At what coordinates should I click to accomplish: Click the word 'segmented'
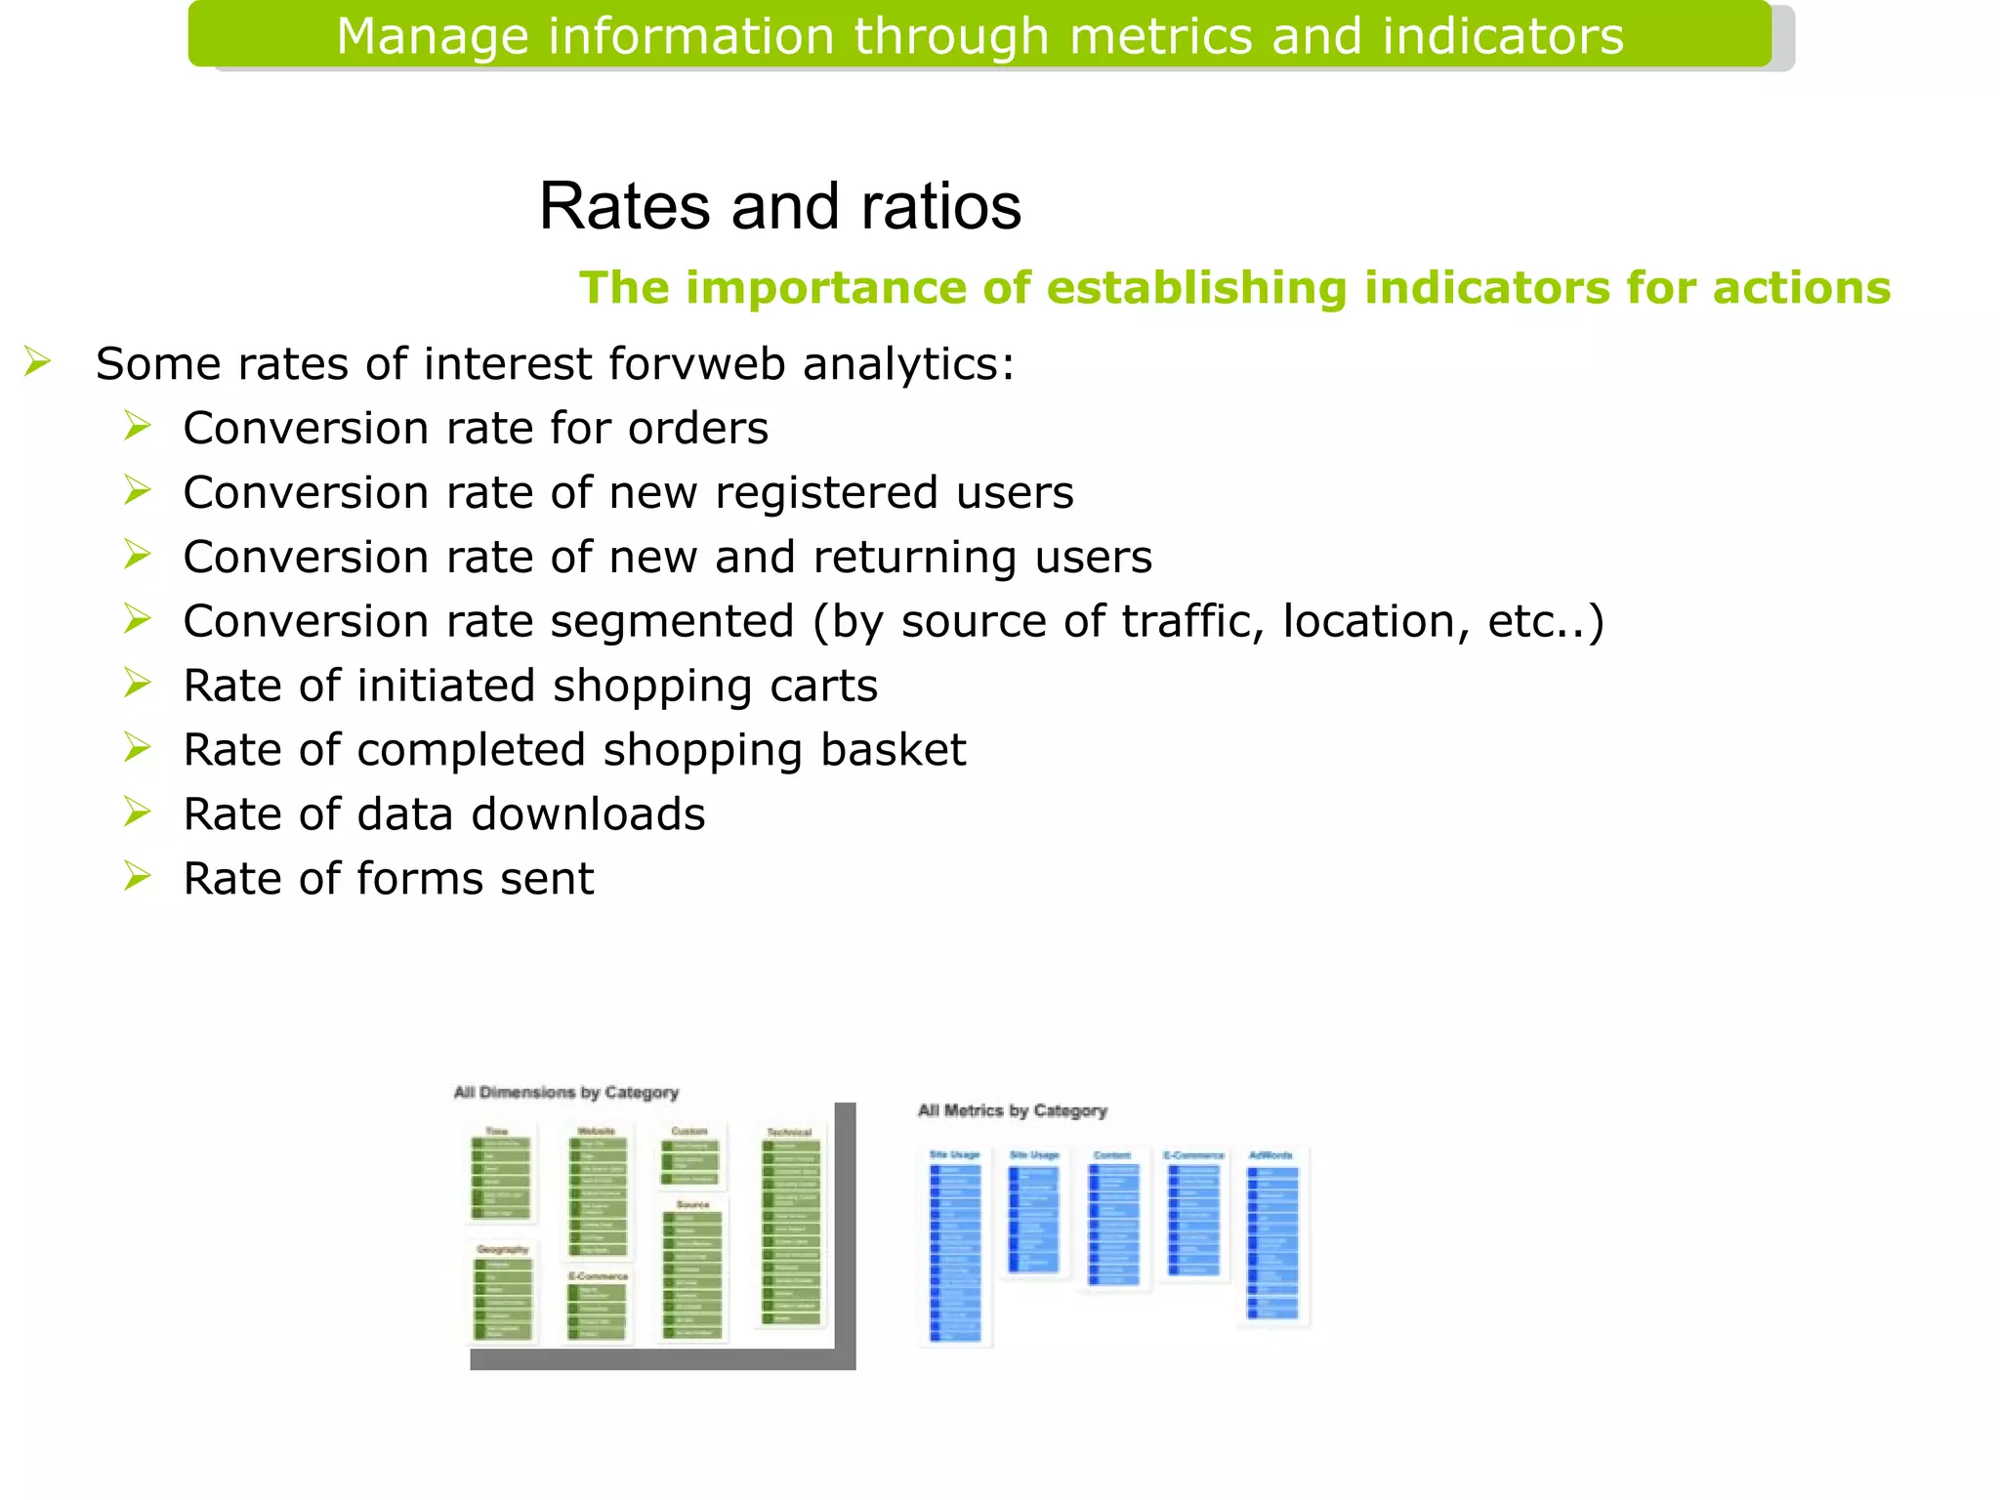672,622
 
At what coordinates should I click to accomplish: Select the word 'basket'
893,751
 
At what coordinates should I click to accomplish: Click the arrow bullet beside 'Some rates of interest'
37,361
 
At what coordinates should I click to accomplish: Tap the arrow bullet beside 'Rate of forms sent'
137,876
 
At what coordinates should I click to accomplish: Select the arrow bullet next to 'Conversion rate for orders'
137,426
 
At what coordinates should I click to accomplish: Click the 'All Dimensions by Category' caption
565,1092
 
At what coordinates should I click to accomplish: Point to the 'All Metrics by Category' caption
1012,1110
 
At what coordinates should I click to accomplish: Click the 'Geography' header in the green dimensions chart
502,1249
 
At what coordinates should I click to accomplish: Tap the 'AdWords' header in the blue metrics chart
1271,1155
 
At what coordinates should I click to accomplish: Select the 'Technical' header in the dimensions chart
789,1132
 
